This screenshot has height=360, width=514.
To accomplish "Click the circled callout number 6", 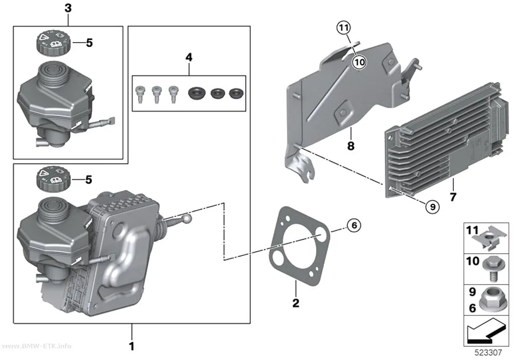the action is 354,225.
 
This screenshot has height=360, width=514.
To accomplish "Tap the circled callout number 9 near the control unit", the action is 432,207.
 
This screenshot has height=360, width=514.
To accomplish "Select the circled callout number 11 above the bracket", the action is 343,27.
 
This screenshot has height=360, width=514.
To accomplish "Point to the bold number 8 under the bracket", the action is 351,145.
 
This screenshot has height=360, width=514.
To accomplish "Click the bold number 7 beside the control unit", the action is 453,197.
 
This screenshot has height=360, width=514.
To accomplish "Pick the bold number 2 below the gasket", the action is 296,303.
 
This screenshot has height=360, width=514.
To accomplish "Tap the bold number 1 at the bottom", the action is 132,346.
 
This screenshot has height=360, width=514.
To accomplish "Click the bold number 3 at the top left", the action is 68,8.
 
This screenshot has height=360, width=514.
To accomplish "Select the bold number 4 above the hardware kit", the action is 189,57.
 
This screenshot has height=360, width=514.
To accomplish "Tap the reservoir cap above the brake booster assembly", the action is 52,179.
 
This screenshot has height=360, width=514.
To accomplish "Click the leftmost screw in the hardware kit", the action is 140,94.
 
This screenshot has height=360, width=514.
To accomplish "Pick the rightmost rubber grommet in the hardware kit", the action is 236,93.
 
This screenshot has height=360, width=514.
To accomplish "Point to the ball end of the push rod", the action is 187,218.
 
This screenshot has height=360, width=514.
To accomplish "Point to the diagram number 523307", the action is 488,353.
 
